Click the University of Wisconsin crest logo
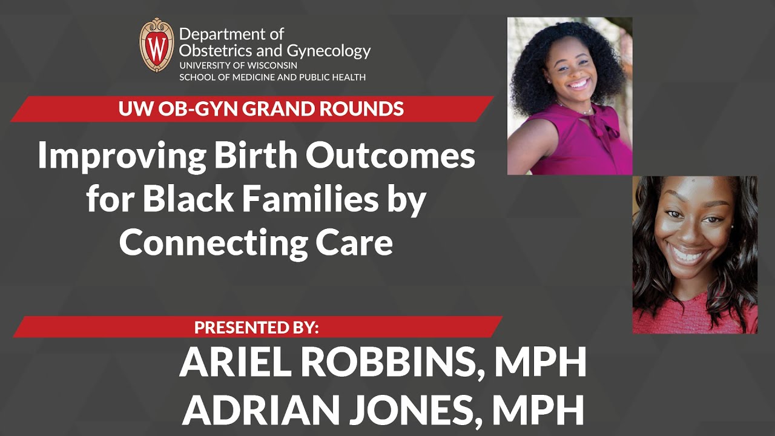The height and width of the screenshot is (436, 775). (157, 45)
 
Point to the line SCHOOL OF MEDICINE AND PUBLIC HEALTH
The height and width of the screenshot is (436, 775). (272, 77)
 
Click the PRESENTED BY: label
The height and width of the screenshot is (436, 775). (256, 328)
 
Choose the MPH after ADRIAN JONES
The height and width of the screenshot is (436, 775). (538, 410)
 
